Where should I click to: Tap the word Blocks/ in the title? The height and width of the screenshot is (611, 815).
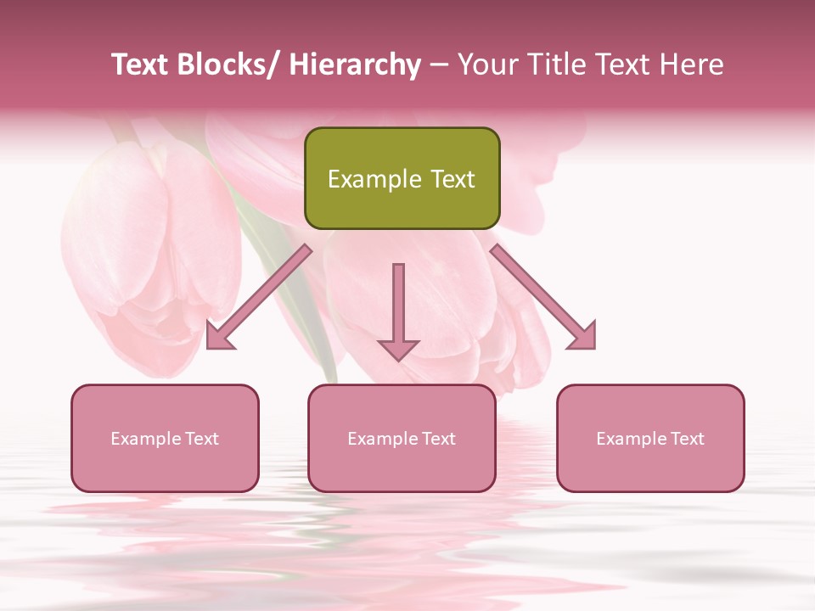pyautogui.click(x=228, y=65)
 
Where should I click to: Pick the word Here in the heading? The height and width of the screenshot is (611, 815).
pyautogui.click(x=690, y=65)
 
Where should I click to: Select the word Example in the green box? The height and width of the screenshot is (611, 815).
pyautogui.click(x=374, y=179)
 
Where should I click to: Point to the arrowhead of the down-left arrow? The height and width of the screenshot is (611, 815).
pyautogui.click(x=220, y=336)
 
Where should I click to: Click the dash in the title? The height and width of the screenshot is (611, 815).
pyautogui.click(x=439, y=65)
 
